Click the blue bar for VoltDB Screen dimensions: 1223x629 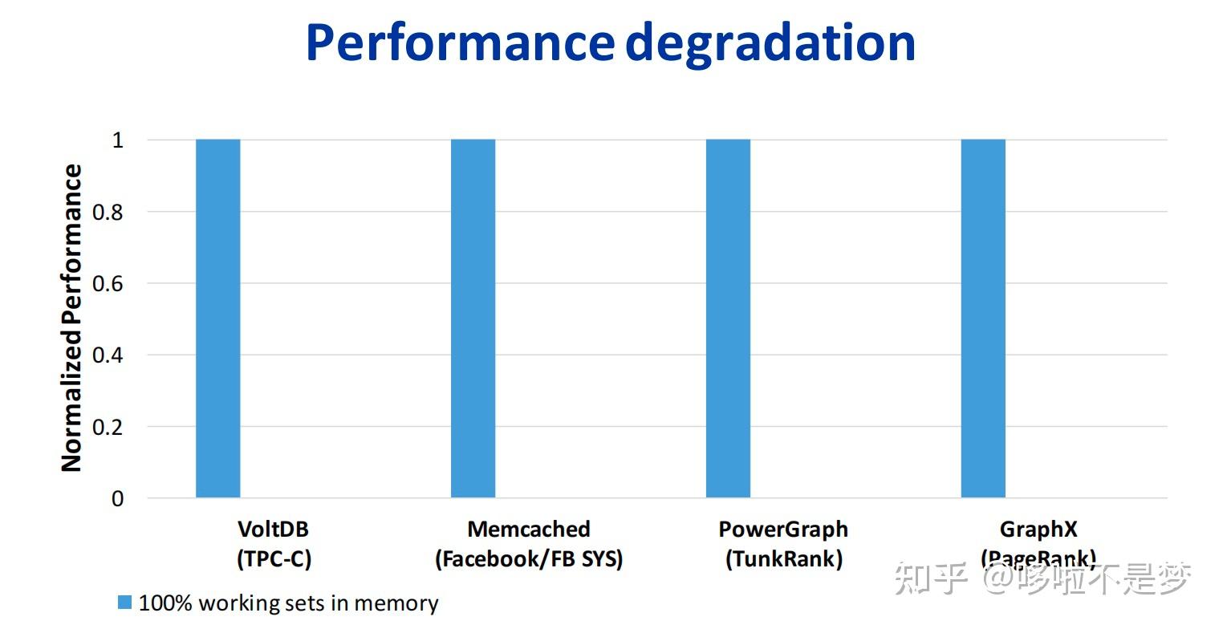click(x=217, y=319)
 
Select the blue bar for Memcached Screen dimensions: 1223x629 click(x=473, y=319)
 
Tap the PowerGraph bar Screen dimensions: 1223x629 click(x=728, y=319)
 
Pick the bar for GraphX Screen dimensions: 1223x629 click(x=983, y=319)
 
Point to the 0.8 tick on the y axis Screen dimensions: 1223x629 click(x=108, y=213)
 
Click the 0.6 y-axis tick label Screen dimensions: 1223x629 click(x=108, y=284)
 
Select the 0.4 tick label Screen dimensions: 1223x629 click(x=108, y=355)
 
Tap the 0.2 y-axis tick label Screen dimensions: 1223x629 click(x=108, y=427)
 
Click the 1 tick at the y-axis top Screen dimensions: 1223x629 click(x=117, y=141)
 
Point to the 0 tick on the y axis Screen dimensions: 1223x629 click(x=117, y=498)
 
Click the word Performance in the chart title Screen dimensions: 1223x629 click(x=461, y=43)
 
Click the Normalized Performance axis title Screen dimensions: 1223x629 click(x=71, y=318)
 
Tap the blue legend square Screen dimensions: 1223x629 click(x=124, y=603)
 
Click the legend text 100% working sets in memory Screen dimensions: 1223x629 click(x=288, y=603)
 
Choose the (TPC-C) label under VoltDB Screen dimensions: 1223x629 click(x=274, y=559)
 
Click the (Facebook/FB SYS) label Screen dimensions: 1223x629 click(x=529, y=559)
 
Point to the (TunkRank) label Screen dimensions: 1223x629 click(x=783, y=559)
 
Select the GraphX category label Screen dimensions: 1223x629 click(x=1038, y=529)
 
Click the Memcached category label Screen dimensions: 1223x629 click(x=529, y=529)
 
